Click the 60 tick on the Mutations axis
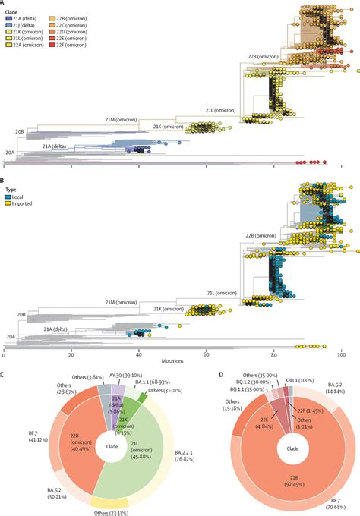pos(207,355)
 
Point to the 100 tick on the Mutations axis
pos(342,355)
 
